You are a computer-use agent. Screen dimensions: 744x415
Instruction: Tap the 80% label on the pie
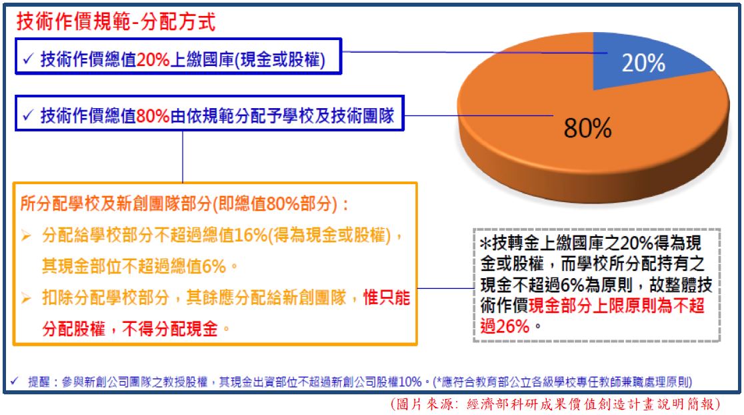click(588, 128)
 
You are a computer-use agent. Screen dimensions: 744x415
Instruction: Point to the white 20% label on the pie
click(643, 63)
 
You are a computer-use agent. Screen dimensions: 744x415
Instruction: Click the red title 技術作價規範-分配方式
click(116, 21)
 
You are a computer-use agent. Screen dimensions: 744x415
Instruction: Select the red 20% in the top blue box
click(153, 60)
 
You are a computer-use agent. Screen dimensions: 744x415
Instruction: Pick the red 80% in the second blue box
click(153, 115)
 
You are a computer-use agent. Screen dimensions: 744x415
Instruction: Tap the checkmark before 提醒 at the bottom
click(14, 380)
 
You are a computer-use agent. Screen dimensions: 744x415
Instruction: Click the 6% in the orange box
click(213, 266)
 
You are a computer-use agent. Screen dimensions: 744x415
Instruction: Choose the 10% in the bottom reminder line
click(410, 381)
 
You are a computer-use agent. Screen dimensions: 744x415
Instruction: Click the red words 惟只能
click(386, 298)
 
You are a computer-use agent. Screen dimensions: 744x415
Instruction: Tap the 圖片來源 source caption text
click(555, 404)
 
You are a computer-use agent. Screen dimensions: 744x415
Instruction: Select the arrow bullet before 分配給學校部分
click(26, 236)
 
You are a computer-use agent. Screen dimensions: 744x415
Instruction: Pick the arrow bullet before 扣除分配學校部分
click(26, 298)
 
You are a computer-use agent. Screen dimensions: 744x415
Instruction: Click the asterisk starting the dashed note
click(485, 244)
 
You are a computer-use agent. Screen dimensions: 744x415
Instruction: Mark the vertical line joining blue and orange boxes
click(183, 157)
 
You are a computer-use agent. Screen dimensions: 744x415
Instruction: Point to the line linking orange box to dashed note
click(445, 288)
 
